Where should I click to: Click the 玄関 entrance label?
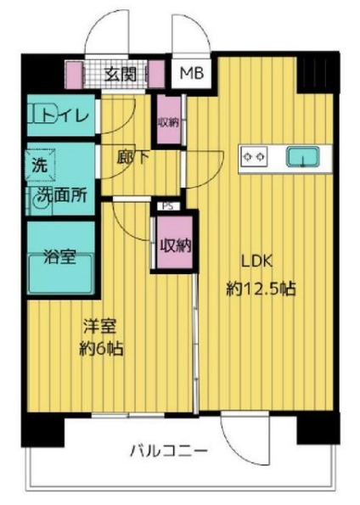(121, 73)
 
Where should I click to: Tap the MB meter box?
(190, 74)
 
